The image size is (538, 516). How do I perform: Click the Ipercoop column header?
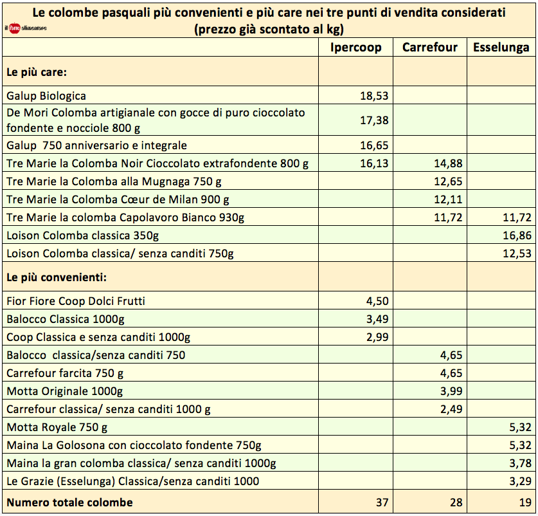point(355,48)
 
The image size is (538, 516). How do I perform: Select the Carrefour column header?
point(430,48)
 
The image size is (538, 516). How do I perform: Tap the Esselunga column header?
point(501,48)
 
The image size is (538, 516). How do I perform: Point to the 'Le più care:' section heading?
point(37,73)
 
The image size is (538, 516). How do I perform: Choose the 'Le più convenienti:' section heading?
point(56,278)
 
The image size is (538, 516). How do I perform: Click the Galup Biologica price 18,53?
point(375,96)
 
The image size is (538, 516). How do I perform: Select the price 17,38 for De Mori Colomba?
point(375,120)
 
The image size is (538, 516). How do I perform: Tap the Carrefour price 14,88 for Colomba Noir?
point(448,163)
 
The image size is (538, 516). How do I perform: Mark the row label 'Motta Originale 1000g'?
point(64,391)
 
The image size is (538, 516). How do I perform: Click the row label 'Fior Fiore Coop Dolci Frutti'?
point(80,300)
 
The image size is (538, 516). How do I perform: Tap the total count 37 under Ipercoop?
point(382,502)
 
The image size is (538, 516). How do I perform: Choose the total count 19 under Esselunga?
point(523,502)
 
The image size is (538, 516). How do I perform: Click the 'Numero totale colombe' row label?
point(69,502)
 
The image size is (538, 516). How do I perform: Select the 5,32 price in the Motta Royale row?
point(519,427)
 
